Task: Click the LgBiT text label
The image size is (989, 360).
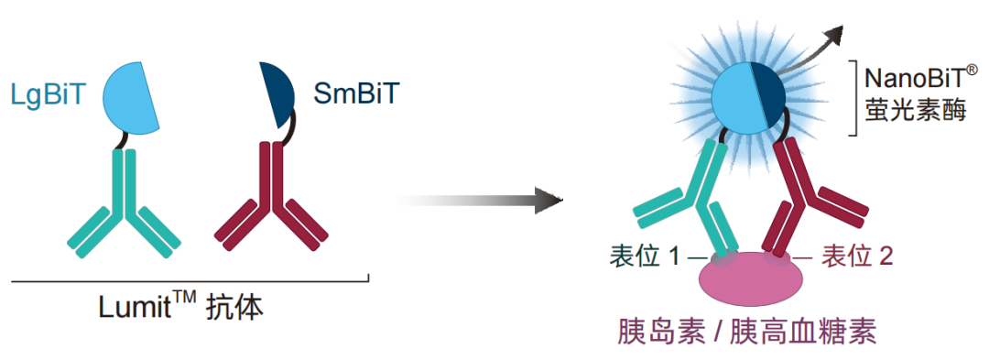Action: [48, 94]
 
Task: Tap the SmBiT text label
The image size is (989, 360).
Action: [356, 94]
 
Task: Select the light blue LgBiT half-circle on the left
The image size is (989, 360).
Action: [131, 97]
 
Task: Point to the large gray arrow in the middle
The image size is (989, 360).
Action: [479, 201]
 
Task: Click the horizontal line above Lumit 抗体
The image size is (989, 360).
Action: [190, 280]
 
